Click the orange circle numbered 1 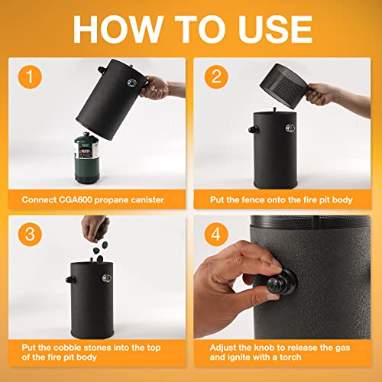click(x=30, y=76)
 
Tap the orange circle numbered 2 click(x=216, y=76)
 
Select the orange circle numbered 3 click(x=30, y=235)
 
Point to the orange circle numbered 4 click(x=216, y=235)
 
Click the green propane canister click(x=86, y=158)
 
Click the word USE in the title click(x=275, y=29)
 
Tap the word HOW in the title click(x=118, y=29)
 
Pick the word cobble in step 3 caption click(x=67, y=348)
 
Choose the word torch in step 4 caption click(x=290, y=357)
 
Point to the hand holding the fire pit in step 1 click(x=155, y=87)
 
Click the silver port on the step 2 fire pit click(x=290, y=128)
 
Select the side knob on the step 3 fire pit click(x=70, y=280)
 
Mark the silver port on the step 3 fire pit click(x=106, y=278)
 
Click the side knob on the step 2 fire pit click(x=253, y=129)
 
